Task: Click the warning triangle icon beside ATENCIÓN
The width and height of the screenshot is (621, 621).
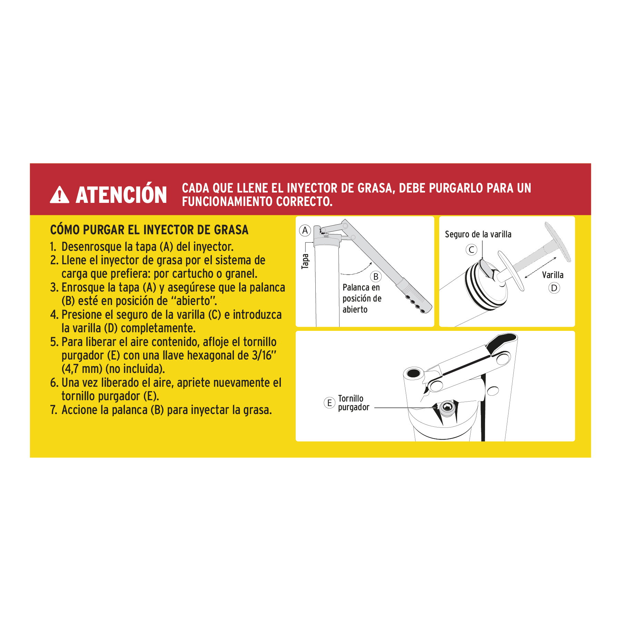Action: coord(59,195)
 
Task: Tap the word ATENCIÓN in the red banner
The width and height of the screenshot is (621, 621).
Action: coord(121,195)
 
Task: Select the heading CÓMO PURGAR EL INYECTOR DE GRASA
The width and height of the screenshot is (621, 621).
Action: coord(149,230)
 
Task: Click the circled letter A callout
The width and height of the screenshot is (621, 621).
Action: coord(305,230)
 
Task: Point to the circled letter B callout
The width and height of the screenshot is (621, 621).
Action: coord(376,277)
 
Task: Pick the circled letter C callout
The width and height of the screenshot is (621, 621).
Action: coord(471,249)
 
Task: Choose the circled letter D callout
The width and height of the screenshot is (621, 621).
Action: coord(554,288)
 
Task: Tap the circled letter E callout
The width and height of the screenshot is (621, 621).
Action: coord(329,403)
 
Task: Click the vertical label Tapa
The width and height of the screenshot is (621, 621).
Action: coord(305,261)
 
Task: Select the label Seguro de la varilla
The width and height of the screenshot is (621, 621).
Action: coord(478,235)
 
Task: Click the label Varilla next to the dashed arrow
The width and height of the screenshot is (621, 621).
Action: coord(552,275)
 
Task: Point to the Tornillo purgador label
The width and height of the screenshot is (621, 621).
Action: coord(353,403)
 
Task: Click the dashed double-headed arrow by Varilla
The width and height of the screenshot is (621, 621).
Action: coord(540,268)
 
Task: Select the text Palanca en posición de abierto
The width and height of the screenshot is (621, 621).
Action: coord(362,298)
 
